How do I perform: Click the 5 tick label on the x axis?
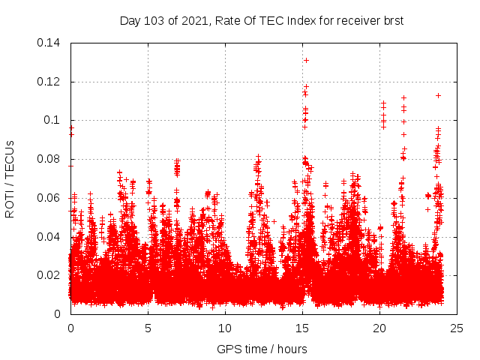(148, 328)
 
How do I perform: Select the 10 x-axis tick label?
(225, 328)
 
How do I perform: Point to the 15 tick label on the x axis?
(302, 328)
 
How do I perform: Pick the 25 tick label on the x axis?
(457, 328)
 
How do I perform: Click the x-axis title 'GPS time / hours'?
(262, 349)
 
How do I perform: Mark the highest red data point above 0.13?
(306, 60)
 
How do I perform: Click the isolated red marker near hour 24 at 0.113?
(438, 95)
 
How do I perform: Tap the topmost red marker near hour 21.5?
(403, 97)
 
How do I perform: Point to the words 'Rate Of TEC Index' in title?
(262, 20)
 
